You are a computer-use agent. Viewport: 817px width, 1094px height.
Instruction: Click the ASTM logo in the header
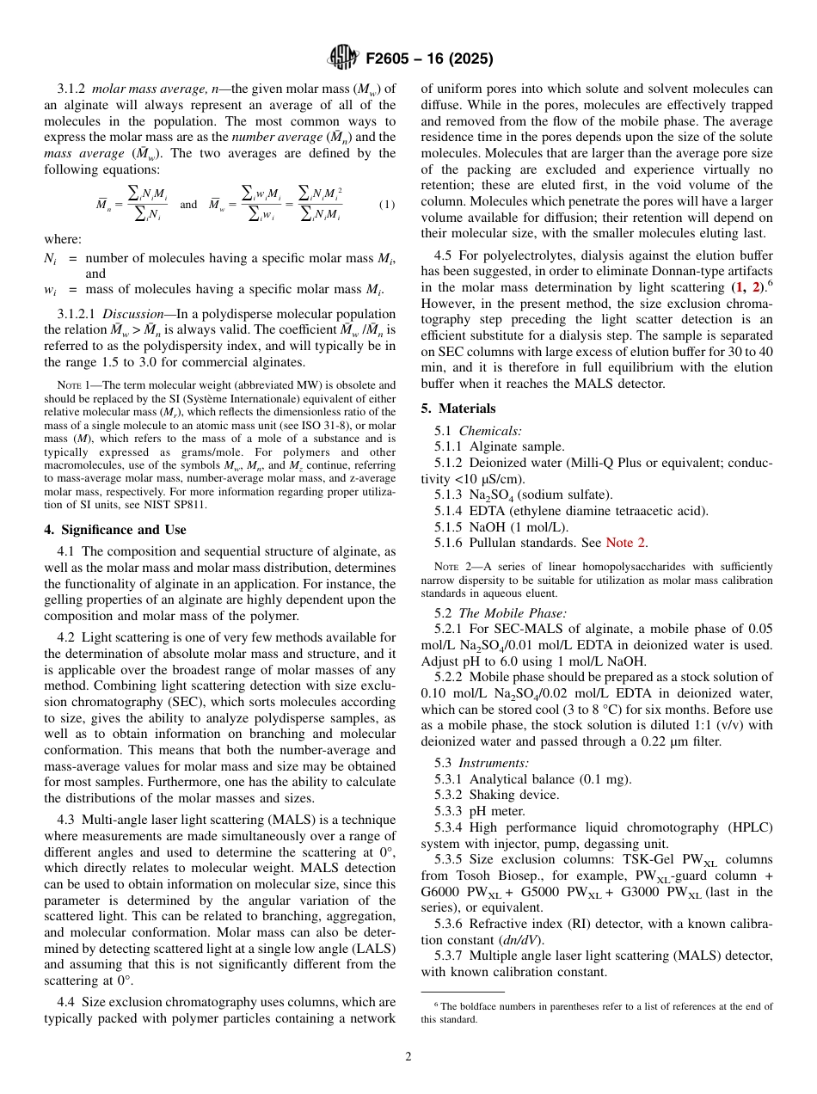pyautogui.click(x=343, y=58)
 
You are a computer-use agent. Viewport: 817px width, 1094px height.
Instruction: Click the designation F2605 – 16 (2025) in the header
pyautogui.click(x=429, y=59)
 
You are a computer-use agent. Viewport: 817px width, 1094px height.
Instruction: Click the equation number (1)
pyautogui.click(x=387, y=205)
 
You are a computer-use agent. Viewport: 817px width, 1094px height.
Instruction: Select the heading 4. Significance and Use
pyautogui.click(x=115, y=530)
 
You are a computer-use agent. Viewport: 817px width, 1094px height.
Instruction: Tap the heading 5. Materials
pyautogui.click(x=458, y=409)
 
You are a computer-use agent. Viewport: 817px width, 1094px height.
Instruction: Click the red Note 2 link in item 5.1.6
pyautogui.click(x=627, y=542)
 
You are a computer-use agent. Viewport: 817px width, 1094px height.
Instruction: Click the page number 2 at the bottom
pyautogui.click(x=408, y=1057)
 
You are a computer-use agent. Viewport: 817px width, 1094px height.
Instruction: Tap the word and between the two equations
pyautogui.click(x=188, y=205)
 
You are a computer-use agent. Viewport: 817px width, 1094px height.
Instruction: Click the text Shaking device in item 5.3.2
pyautogui.click(x=514, y=795)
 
